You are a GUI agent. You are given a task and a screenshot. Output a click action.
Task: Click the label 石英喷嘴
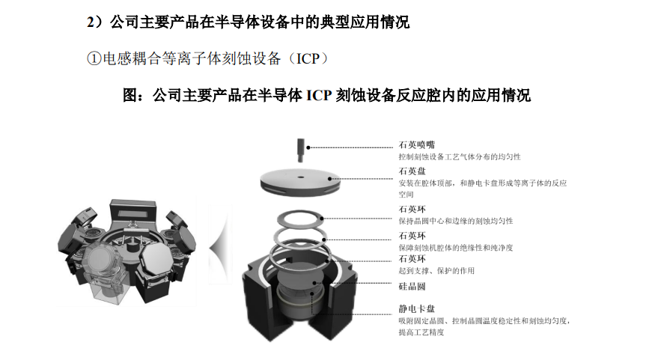(x=416, y=144)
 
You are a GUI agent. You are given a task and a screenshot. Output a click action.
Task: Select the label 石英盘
(x=412, y=171)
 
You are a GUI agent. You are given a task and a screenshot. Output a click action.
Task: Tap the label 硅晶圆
(x=412, y=287)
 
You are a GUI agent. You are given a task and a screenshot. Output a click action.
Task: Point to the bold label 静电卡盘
(x=416, y=309)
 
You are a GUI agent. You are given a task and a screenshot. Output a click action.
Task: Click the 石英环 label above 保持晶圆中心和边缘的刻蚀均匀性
(x=412, y=210)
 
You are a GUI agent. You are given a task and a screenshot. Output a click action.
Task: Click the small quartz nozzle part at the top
(x=301, y=150)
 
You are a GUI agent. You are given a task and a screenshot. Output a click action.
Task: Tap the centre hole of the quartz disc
(x=301, y=177)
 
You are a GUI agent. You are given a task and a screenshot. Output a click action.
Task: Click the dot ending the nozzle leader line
(x=308, y=147)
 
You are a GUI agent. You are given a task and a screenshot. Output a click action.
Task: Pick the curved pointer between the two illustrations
(x=221, y=245)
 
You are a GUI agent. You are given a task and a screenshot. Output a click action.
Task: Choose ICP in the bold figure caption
(x=319, y=95)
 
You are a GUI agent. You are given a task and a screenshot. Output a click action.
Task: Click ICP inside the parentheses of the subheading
(x=307, y=58)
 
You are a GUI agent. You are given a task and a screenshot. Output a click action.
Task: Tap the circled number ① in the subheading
(x=94, y=58)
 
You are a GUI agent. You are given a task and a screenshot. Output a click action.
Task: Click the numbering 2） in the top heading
(x=96, y=22)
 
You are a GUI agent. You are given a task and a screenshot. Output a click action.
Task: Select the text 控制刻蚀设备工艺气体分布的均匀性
(x=460, y=157)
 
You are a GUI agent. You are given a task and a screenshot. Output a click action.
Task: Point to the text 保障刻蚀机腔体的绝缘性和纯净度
(x=456, y=248)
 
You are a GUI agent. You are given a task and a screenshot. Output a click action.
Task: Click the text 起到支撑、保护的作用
(x=436, y=271)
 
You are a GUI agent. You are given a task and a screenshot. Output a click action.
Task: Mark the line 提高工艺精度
(x=421, y=332)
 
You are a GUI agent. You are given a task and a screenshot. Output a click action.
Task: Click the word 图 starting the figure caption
(x=130, y=95)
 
